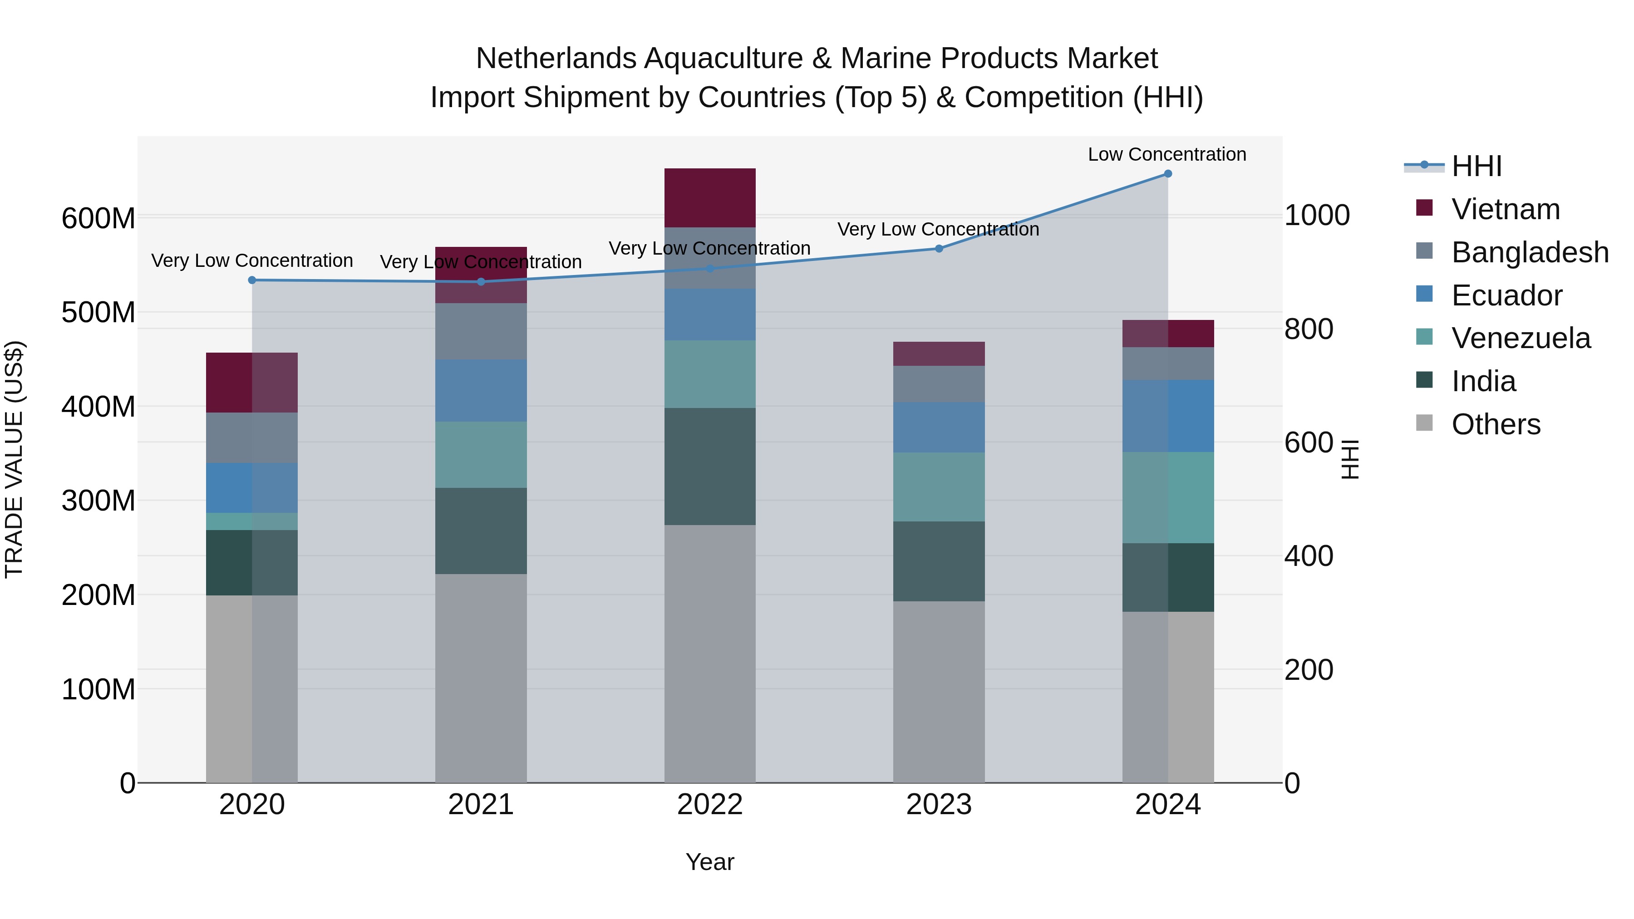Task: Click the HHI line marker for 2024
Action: point(1168,174)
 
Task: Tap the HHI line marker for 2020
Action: point(252,280)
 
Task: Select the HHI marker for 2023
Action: point(939,249)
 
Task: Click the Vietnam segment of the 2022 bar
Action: point(710,198)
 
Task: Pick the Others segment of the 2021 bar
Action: point(481,678)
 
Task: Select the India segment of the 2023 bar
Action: point(939,561)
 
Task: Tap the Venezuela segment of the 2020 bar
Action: point(252,521)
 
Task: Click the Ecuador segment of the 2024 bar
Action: point(1168,416)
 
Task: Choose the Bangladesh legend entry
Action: point(1529,252)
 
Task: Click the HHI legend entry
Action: point(1476,166)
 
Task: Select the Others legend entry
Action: point(1495,424)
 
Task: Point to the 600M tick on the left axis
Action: point(98,219)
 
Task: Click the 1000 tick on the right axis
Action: point(1317,216)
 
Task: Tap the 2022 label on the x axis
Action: point(710,805)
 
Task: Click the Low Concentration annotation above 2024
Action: point(1166,154)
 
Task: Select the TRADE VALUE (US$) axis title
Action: point(14,459)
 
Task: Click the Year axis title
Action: point(710,862)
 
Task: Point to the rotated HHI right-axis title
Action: point(1350,459)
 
